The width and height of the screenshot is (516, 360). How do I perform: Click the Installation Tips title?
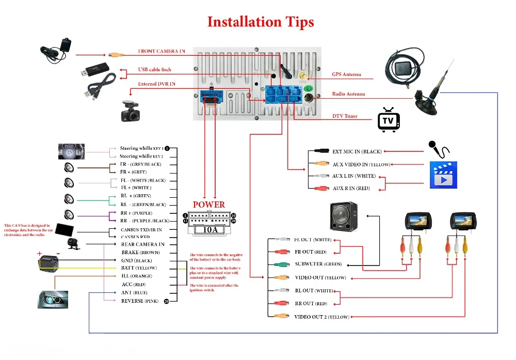[260, 22]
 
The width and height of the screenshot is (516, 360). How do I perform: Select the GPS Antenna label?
[346, 74]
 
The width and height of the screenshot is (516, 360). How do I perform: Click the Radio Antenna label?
[348, 94]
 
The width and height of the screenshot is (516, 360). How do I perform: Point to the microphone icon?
[438, 149]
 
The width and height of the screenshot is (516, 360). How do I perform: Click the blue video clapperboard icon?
[443, 175]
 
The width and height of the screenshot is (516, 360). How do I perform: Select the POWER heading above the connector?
[208, 205]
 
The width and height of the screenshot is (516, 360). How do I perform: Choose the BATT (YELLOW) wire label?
[139, 268]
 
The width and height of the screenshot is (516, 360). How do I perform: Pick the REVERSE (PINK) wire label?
[139, 301]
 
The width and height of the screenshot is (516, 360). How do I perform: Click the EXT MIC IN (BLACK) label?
[357, 151]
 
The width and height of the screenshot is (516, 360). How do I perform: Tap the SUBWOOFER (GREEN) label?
[318, 264]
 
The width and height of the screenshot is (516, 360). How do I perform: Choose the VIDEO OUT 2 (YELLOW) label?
[321, 317]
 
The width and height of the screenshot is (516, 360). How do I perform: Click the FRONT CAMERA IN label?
[161, 52]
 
